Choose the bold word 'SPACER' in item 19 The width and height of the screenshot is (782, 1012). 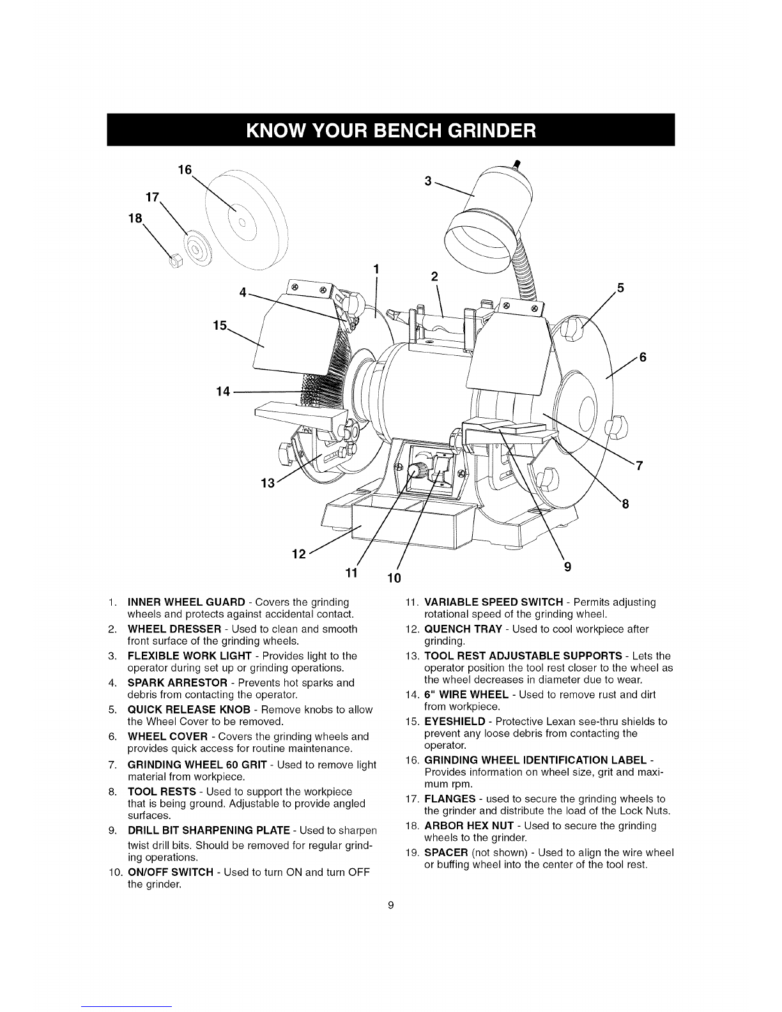click(x=445, y=853)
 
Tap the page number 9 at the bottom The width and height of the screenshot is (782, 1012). click(x=391, y=905)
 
